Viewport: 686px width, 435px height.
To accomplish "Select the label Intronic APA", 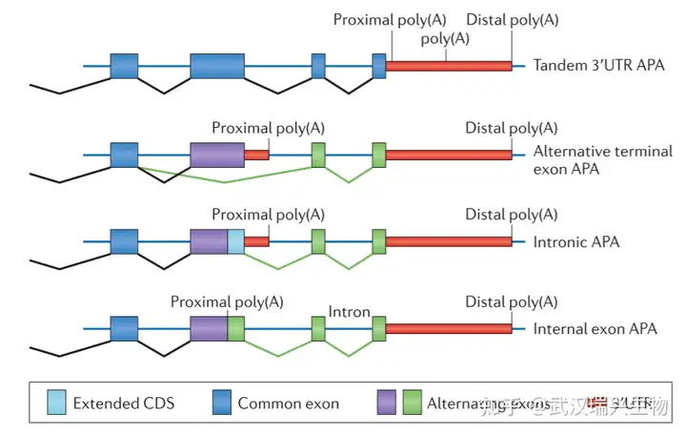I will (x=576, y=241).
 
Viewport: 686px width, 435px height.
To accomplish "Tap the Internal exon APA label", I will (x=595, y=329).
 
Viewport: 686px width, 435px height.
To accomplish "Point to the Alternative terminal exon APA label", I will (x=603, y=160).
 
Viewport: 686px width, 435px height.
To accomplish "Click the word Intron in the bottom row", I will (x=349, y=312).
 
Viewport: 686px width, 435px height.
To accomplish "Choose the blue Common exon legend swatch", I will (x=220, y=403).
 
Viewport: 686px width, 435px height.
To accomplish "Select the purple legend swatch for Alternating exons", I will (x=387, y=403).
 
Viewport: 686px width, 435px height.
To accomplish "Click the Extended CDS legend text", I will (x=124, y=404).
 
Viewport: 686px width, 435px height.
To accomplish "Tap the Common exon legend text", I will (x=288, y=404).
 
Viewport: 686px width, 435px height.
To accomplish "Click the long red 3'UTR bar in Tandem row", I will (x=448, y=66).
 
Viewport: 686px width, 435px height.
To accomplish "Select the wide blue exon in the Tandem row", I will (x=223, y=66).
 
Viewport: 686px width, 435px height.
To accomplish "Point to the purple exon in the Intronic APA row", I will (x=209, y=241).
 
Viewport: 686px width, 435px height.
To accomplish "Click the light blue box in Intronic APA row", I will (x=235, y=241).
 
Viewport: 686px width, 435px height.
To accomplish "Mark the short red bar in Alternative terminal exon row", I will (x=256, y=154).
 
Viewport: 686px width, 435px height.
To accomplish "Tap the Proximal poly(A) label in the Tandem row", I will (x=390, y=19).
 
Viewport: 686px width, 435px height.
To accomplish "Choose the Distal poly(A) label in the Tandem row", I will (x=512, y=19).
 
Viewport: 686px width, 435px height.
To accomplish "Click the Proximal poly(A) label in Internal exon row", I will (x=227, y=301).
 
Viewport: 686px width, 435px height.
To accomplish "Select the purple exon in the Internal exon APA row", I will (x=209, y=329).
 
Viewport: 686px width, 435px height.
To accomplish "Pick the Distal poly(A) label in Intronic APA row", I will (x=512, y=215).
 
